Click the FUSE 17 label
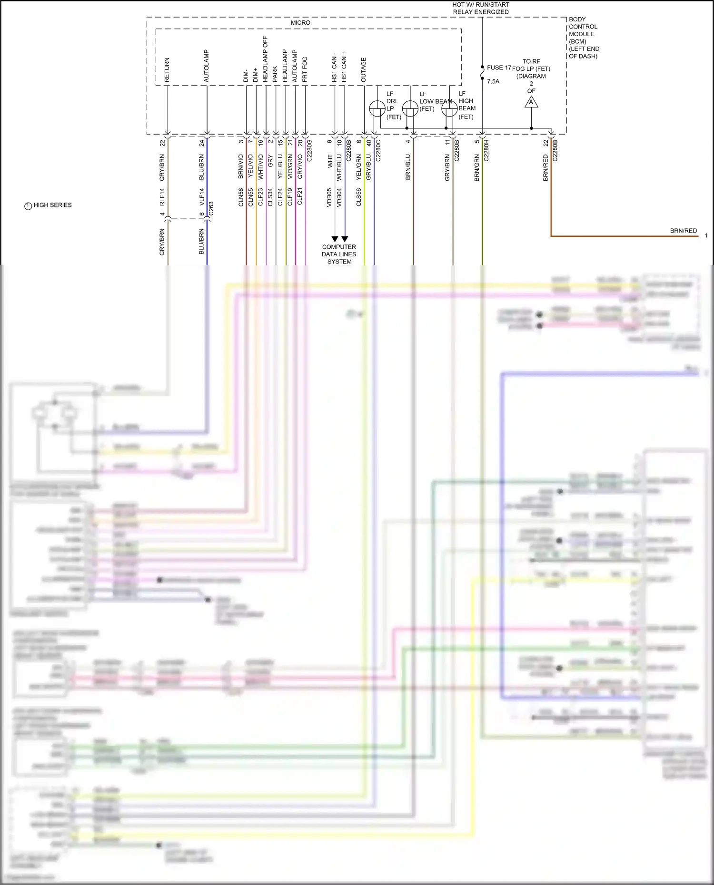pos(498,68)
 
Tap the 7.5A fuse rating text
pos(493,81)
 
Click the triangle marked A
pos(531,102)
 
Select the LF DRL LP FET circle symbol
pos(377,109)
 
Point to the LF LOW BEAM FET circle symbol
pos(410,109)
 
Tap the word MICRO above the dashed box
pos(300,23)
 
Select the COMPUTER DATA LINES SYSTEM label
pos(339,254)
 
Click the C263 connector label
pos(211,208)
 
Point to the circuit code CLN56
pos(241,197)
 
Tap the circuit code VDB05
pos(329,197)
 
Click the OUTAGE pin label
pos(363,70)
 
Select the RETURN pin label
pos(167,70)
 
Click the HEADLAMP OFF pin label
pos(265,59)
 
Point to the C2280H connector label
pos(486,150)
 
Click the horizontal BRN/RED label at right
pos(683,231)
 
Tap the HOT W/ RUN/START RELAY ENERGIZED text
pos(480,8)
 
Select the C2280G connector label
pos(309,150)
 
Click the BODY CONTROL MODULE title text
pos(583,38)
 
